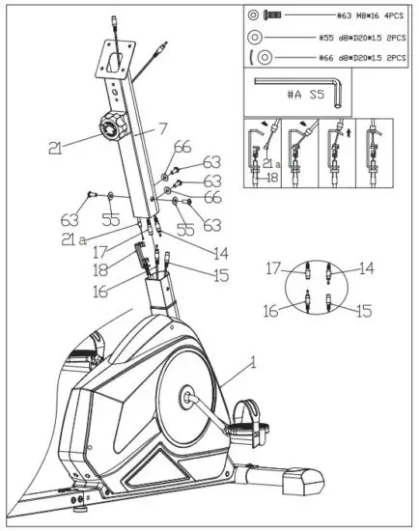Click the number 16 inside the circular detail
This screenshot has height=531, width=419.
(275, 311)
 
